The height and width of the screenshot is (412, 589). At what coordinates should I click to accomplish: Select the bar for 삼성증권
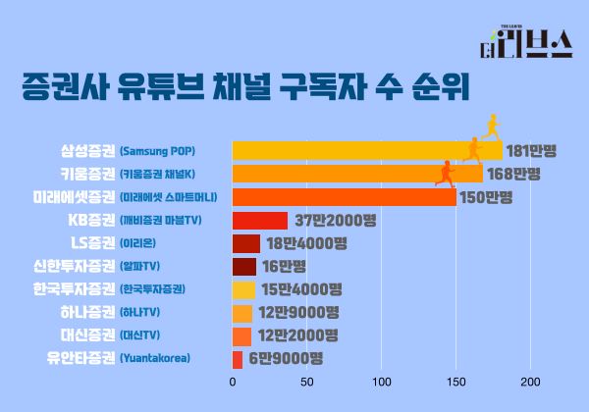[x=363, y=151]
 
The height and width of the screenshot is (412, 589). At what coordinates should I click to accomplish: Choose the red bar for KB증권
[x=260, y=220]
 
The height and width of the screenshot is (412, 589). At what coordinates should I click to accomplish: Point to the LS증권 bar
[x=246, y=243]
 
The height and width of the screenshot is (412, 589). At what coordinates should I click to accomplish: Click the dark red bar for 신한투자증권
[x=244, y=266]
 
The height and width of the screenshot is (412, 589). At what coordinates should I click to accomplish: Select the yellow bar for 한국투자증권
[x=244, y=289]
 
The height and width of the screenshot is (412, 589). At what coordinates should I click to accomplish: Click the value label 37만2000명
[x=335, y=220]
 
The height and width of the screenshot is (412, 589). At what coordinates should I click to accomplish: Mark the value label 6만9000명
[x=286, y=359]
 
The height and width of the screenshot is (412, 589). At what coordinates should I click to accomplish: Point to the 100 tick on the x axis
[x=382, y=382]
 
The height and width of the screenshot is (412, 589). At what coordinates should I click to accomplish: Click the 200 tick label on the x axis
[x=531, y=382]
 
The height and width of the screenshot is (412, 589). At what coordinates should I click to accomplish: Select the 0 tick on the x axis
[x=233, y=382]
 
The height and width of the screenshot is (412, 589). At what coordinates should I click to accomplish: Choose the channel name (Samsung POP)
[x=157, y=151]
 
